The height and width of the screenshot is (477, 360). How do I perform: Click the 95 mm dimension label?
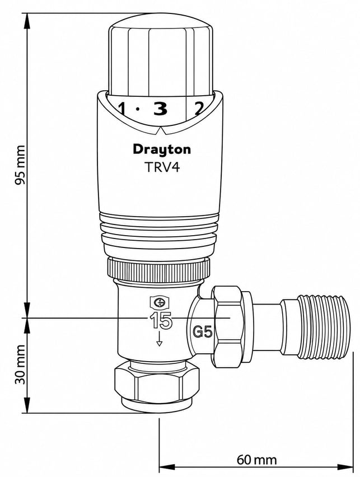click(x=21, y=165)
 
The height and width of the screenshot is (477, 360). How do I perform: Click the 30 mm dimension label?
click(x=21, y=364)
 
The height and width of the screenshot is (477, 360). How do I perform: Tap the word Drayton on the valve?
click(x=162, y=150)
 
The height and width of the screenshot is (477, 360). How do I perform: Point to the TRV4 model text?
click(x=162, y=167)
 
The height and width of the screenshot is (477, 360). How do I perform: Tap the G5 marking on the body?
click(x=203, y=332)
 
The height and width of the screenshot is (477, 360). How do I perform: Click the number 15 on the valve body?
click(x=161, y=320)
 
